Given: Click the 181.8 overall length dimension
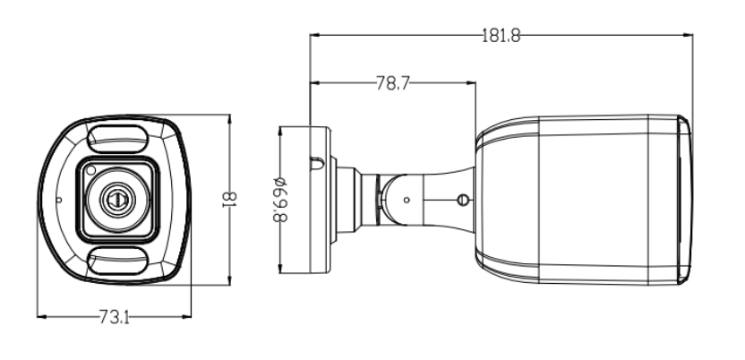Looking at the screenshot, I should [501, 36].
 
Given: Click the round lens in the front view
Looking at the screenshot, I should [116, 199].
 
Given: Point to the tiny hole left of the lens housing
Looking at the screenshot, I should [58, 200].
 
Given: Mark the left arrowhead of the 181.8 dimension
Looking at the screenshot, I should [313, 36].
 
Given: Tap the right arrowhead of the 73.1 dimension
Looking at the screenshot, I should [189, 315].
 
